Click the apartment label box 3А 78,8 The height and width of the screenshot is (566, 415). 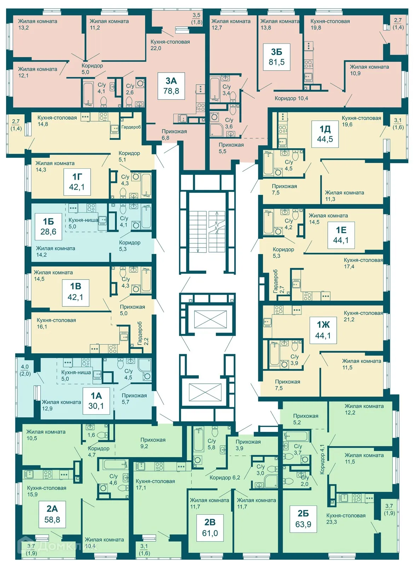pyautogui.click(x=171, y=86)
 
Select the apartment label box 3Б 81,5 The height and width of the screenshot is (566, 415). pyautogui.click(x=277, y=57)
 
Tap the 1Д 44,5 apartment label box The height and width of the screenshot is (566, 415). pyautogui.click(x=325, y=134)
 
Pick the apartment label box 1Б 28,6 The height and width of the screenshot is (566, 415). pyautogui.click(x=48, y=227)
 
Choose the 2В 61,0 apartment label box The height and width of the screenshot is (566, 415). pyautogui.click(x=210, y=528)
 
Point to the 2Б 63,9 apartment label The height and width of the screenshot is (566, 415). pyautogui.click(x=303, y=519)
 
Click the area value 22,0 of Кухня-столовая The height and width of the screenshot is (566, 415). pyautogui.click(x=156, y=48)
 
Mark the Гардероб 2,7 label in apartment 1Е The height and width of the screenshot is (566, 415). pyautogui.click(x=278, y=281)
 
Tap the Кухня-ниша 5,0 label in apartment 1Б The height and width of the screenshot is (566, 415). pyautogui.click(x=83, y=223)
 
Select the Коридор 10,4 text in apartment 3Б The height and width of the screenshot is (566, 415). pyautogui.click(x=292, y=98)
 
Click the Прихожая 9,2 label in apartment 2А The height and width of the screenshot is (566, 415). pyautogui.click(x=153, y=443)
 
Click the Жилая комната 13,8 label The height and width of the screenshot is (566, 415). pyautogui.click(x=280, y=24)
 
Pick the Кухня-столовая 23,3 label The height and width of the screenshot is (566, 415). pyautogui.click(x=346, y=519)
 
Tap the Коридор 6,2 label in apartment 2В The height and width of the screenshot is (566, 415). pyautogui.click(x=225, y=478)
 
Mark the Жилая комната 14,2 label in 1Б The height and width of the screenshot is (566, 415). pyautogui.click(x=55, y=252)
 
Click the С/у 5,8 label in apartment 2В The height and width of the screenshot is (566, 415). pyautogui.click(x=212, y=444)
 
